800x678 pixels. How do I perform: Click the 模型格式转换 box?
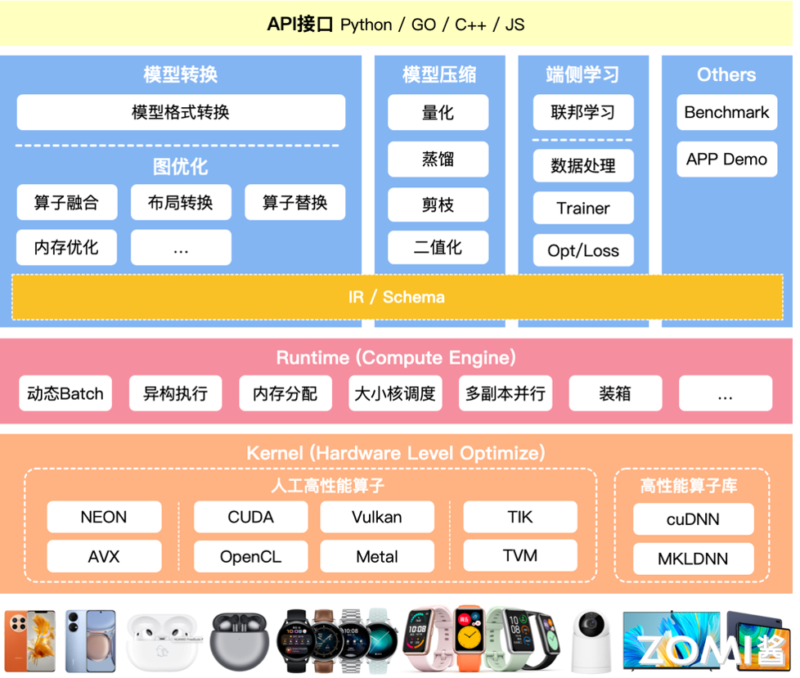click(x=181, y=112)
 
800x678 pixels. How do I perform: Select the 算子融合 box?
click(x=66, y=202)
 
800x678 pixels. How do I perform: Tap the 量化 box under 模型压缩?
click(x=438, y=112)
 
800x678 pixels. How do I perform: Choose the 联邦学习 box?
click(x=582, y=112)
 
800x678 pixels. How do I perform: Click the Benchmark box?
click(x=726, y=112)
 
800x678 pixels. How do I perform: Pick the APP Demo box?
click(x=726, y=159)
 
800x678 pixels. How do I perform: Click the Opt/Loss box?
click(x=582, y=250)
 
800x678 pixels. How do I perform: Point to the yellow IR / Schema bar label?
click(x=397, y=297)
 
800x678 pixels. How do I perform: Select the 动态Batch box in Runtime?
click(x=65, y=393)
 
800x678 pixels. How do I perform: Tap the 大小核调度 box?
click(x=395, y=393)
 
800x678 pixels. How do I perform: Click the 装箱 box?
click(x=614, y=393)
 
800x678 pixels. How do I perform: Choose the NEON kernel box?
click(x=104, y=517)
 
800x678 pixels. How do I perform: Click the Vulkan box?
click(x=376, y=517)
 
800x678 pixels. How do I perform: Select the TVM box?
click(x=519, y=556)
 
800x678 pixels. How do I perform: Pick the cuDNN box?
click(x=693, y=519)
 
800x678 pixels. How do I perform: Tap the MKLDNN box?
click(x=693, y=559)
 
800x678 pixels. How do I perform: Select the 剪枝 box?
click(x=438, y=204)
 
